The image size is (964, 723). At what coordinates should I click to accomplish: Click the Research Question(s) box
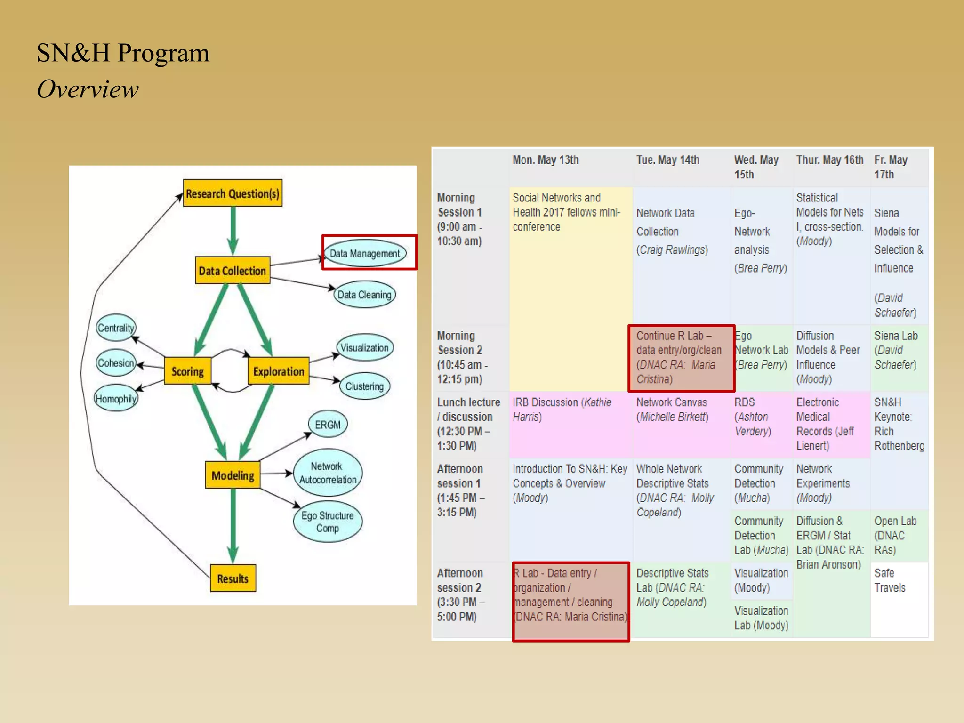click(x=233, y=193)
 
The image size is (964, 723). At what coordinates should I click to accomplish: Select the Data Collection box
click(x=233, y=270)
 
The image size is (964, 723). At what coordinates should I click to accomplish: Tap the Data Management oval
click(x=365, y=253)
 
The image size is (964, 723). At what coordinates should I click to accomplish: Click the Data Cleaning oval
click(x=364, y=295)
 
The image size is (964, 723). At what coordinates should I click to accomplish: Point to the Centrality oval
click(x=116, y=328)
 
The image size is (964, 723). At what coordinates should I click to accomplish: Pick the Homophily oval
click(x=116, y=399)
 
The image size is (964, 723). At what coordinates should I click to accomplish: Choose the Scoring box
click(x=187, y=371)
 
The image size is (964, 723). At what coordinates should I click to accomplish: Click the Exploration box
click(x=278, y=371)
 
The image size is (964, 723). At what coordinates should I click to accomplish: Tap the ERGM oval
click(x=328, y=424)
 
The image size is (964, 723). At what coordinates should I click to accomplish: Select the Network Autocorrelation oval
click(x=328, y=473)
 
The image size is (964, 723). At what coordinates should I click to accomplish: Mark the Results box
click(x=233, y=578)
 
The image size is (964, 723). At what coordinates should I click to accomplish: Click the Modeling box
click(x=233, y=475)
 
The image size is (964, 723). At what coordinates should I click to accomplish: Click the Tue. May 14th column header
click(x=667, y=160)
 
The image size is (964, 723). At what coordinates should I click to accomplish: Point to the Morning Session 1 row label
click(x=459, y=219)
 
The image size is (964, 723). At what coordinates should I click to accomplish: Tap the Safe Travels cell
click(x=890, y=580)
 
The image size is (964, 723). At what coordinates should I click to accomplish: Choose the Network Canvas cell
click(x=672, y=410)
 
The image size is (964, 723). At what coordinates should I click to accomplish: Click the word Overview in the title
click(x=88, y=89)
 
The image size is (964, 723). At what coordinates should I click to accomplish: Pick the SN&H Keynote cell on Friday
click(x=899, y=424)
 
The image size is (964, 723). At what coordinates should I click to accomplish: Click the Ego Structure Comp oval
click(x=328, y=522)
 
